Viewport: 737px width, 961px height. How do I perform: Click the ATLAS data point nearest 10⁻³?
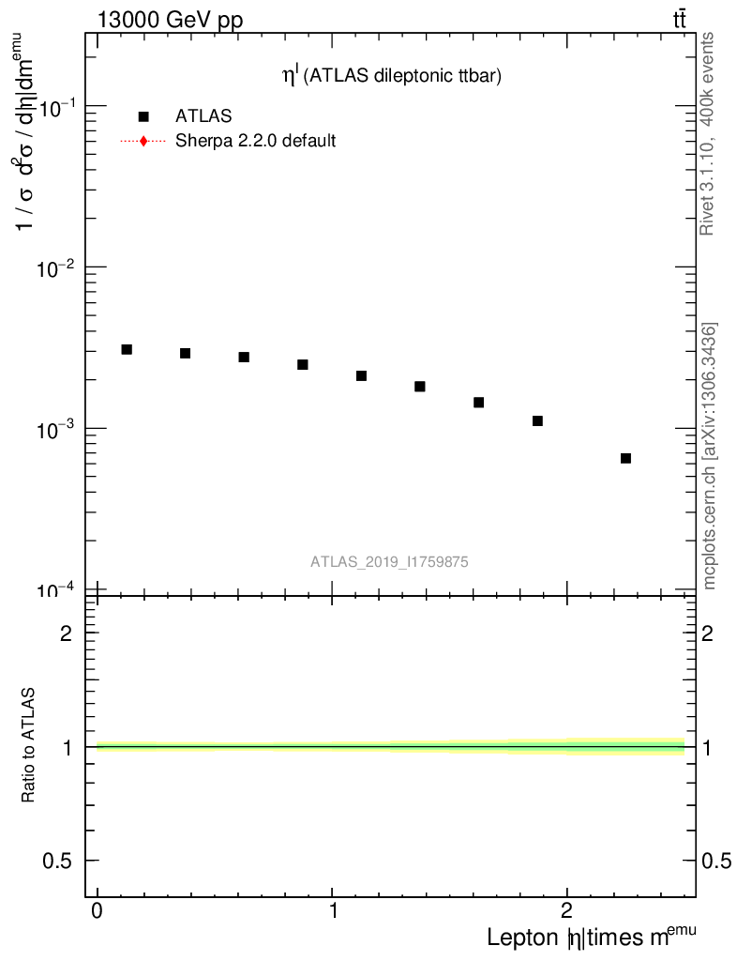537,420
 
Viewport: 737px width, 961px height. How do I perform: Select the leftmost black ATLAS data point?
127,349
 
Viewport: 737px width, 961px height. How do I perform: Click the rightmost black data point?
625,458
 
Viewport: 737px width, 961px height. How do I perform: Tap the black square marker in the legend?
143,116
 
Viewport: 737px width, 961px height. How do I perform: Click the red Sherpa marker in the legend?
143,142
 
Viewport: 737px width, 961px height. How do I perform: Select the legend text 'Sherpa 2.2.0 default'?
255,142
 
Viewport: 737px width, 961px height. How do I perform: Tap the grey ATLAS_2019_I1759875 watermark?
390,562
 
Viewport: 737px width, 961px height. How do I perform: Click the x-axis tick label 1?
333,912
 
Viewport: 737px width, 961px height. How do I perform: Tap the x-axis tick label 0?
98,912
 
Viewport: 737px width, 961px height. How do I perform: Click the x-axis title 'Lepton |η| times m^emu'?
591,937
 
